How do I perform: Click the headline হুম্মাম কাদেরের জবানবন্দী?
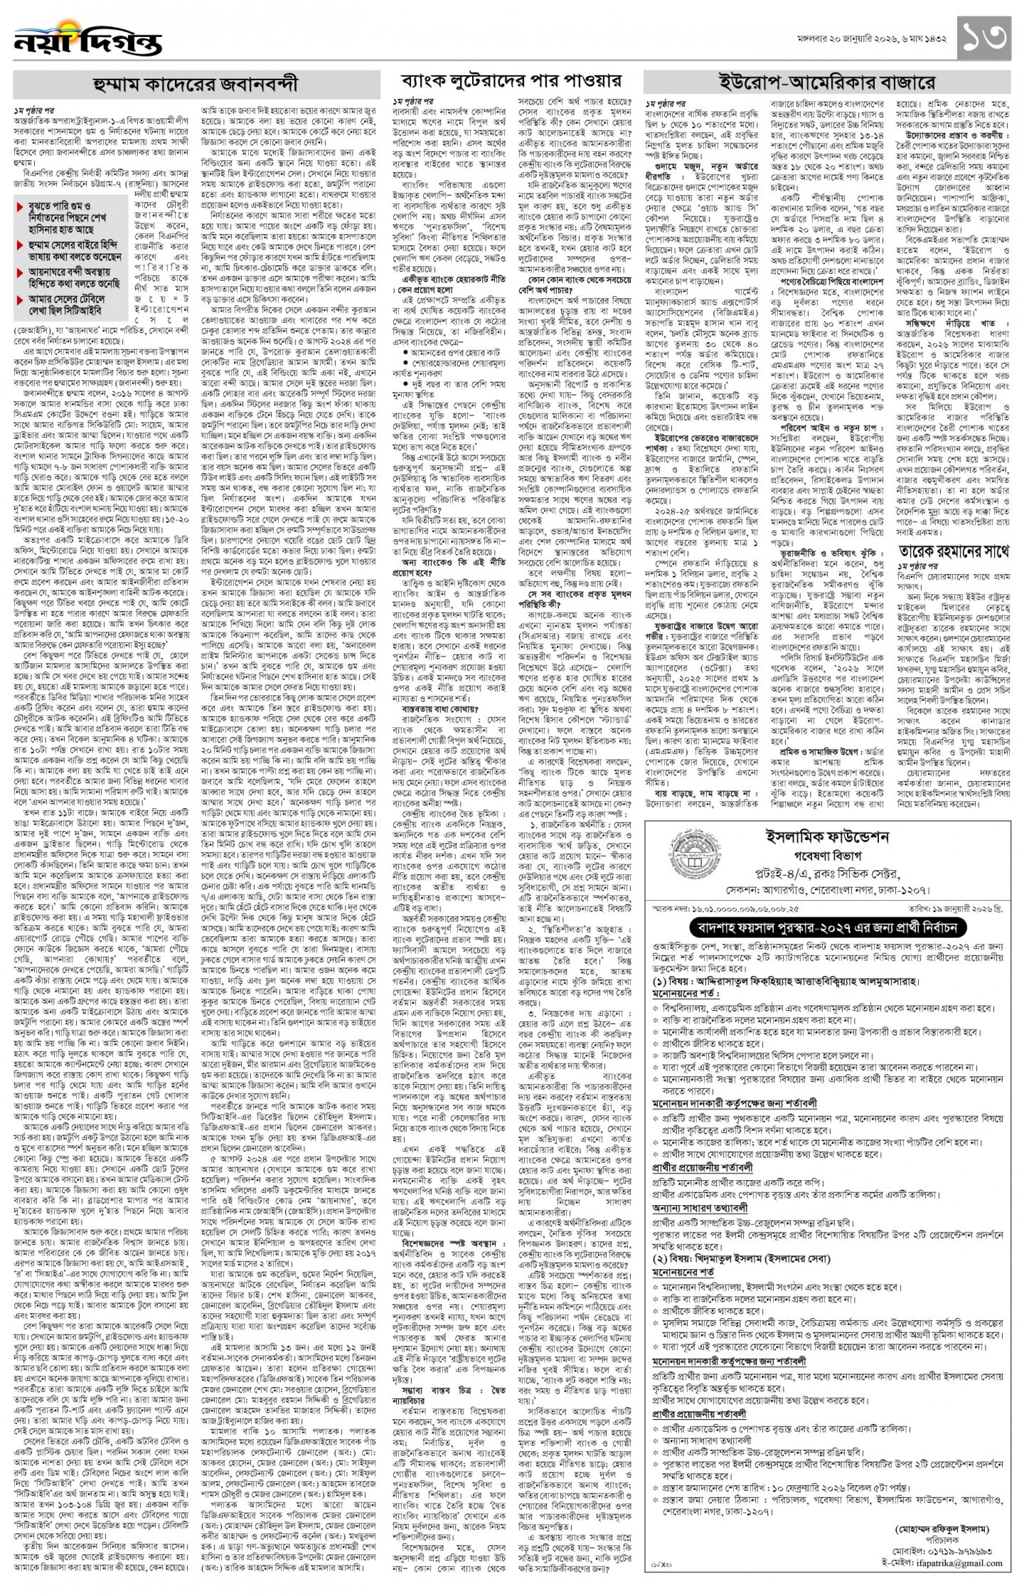click(x=196, y=84)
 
